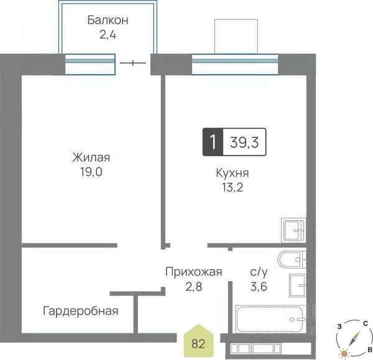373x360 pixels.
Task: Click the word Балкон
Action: point(108,20)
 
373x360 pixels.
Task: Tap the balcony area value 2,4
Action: point(108,35)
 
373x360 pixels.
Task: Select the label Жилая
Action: point(91,157)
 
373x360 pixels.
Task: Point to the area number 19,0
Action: point(91,172)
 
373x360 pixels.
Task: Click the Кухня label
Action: point(233,173)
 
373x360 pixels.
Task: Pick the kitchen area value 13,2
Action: point(233,188)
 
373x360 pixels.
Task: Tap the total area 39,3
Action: point(244,142)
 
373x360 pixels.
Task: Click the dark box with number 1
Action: point(213,142)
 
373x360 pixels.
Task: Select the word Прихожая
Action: point(193,272)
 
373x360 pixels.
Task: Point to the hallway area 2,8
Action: point(193,287)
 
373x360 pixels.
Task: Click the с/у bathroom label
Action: point(259,272)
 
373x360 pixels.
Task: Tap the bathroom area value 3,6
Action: point(259,287)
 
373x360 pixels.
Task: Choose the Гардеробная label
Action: point(80,311)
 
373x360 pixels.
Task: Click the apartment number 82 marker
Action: point(199,341)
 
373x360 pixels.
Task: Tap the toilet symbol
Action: point(292,259)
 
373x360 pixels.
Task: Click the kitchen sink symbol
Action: point(293,230)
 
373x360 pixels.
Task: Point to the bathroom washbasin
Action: point(298,285)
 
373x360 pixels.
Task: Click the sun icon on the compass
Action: point(344,353)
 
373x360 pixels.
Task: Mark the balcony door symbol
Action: point(133,63)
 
